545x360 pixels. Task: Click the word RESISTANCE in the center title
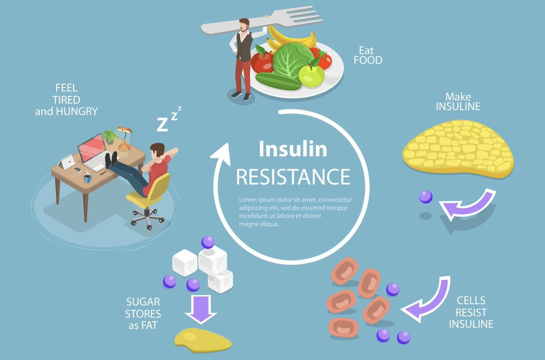pos(293,177)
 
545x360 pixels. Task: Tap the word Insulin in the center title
pos(293,149)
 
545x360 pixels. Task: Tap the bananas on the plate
pos(291,37)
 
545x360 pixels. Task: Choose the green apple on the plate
pos(312,75)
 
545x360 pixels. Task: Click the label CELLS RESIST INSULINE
pos(471,312)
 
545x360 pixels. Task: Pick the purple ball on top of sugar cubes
pos(208,242)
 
